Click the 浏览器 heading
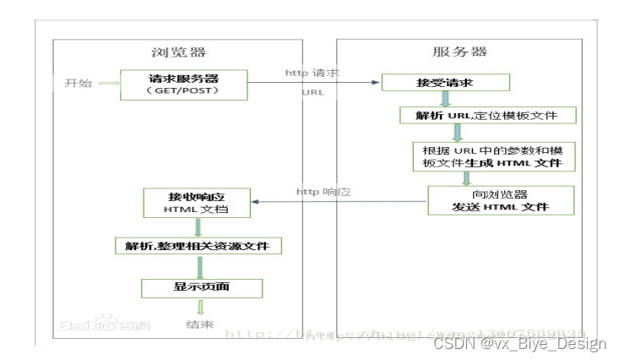tap(179, 52)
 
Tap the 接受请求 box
tap(445, 83)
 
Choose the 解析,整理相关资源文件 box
tap(198, 246)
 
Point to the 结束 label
tap(198, 325)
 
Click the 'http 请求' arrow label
tap(312, 73)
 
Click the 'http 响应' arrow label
tap(323, 192)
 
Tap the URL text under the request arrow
tap(312, 92)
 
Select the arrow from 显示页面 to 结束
tap(199, 308)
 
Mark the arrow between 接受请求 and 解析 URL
tap(446, 99)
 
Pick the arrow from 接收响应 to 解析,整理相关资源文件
tap(198, 226)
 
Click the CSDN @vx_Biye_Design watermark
tap(520, 343)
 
